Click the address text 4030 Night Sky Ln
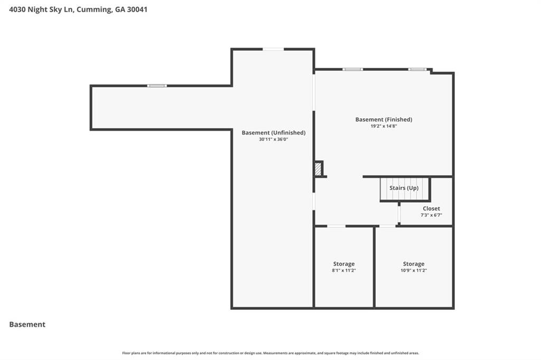tap(41, 10)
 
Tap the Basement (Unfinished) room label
tap(273, 132)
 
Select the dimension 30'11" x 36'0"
tap(273, 139)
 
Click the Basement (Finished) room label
tap(384, 119)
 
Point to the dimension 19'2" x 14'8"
tap(384, 126)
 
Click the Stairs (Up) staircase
tap(404, 189)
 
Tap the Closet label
tap(431, 209)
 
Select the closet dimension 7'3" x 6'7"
tap(431, 215)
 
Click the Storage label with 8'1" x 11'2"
tap(343, 264)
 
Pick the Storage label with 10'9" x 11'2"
tap(413, 264)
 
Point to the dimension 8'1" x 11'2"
tap(343, 270)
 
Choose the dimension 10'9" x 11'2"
tap(413, 270)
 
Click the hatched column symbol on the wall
tap(318, 169)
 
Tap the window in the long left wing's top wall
tap(156, 86)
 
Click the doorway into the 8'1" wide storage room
tap(336, 226)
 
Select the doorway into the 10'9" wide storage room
tap(387, 226)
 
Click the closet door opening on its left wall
tap(399, 214)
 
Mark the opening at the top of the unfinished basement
tap(273, 49)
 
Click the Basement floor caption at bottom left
tap(27, 325)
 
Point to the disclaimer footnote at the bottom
tap(270, 353)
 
